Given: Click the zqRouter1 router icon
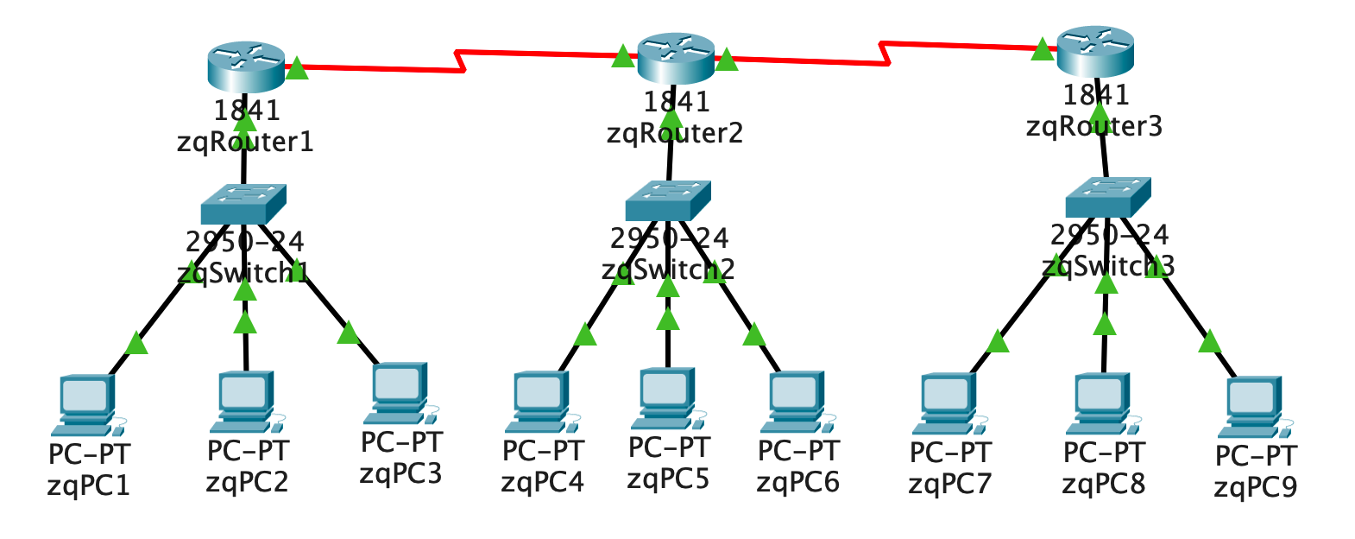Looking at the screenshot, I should point(246,67).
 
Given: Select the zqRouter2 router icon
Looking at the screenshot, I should point(676,58).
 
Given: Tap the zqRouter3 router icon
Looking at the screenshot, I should point(1095,51).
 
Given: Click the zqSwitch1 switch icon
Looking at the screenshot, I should point(243,205).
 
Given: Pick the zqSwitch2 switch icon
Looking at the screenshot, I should point(668,200).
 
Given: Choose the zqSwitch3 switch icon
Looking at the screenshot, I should point(1108,197).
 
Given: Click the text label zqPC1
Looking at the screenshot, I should point(89,485).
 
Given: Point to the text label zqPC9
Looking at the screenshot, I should point(1255,488).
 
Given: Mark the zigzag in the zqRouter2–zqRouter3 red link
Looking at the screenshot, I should point(885,52).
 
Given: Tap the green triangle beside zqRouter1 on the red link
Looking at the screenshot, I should point(296,68).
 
